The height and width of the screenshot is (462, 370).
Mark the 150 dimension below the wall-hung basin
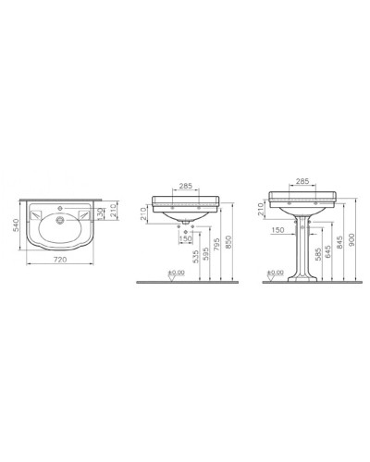tap(186, 239)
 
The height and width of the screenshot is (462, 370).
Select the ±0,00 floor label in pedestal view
tap(275, 272)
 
